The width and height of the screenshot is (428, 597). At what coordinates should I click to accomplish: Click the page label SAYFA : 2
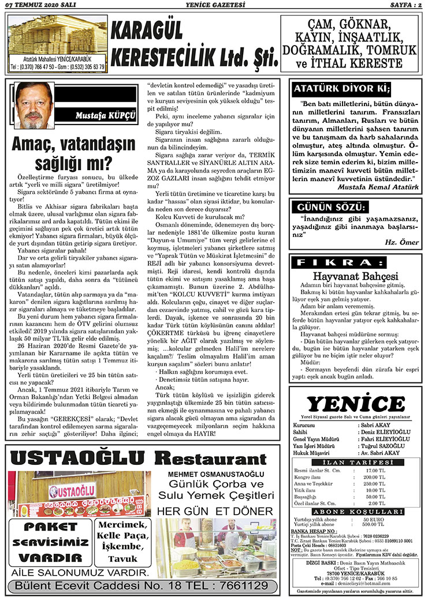coord(402,5)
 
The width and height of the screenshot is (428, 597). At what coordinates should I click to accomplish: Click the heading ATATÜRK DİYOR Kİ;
coord(342,89)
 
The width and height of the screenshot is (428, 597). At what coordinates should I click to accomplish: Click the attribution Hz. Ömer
coord(402,242)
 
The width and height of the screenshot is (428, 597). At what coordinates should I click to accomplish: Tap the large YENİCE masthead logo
coord(355,404)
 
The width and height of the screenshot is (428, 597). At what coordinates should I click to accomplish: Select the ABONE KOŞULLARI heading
coord(355,512)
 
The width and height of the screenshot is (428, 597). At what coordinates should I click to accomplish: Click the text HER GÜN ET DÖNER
coord(215,511)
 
